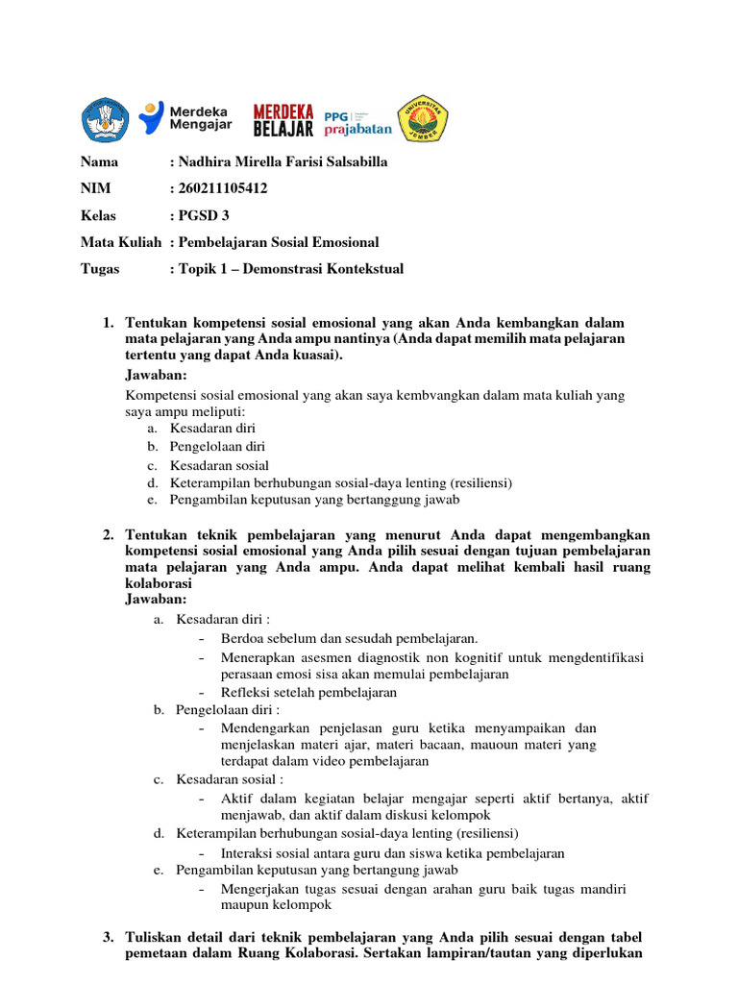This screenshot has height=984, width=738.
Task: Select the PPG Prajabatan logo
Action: click(357, 119)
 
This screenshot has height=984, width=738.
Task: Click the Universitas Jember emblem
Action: click(424, 119)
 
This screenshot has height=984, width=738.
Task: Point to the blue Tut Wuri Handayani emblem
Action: click(104, 119)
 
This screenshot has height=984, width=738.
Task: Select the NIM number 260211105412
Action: click(220, 188)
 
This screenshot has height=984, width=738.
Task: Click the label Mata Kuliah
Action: click(120, 242)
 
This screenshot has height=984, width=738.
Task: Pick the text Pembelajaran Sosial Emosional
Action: click(279, 242)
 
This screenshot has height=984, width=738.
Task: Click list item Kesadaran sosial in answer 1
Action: click(219, 465)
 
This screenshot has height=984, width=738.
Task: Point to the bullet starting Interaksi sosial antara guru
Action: click(392, 852)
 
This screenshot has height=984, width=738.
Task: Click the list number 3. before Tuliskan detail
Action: click(109, 937)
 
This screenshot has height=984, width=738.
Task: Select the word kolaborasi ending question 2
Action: click(159, 583)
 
